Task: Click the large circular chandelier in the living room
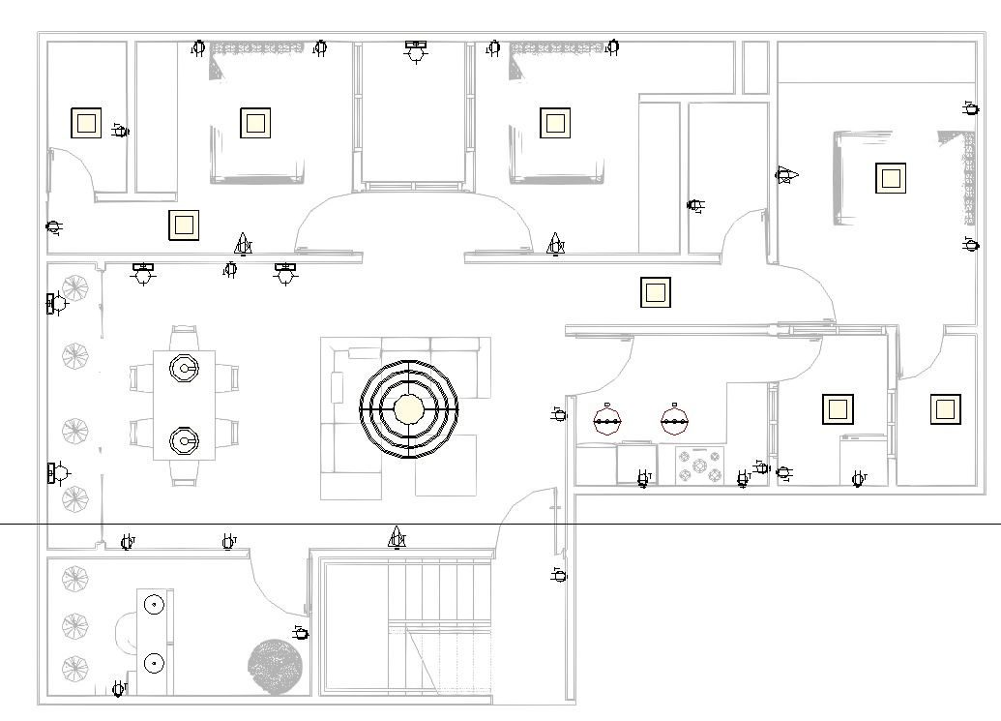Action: pos(408,409)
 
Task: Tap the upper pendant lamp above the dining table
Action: pos(184,369)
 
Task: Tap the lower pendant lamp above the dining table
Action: pos(184,441)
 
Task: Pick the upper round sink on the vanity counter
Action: pos(154,605)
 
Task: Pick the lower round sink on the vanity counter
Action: pos(154,663)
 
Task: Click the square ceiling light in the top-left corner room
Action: pos(86,123)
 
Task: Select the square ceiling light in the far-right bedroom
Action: pos(891,178)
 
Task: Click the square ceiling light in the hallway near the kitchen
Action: pos(656,291)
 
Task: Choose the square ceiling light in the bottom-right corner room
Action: pos(945,409)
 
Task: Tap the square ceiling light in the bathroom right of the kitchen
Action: pos(838,409)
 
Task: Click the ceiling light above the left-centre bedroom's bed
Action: pos(255,123)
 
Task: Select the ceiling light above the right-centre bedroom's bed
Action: pos(554,123)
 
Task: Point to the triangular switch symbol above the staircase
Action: pos(397,538)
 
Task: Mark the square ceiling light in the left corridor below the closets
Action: pos(184,225)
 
